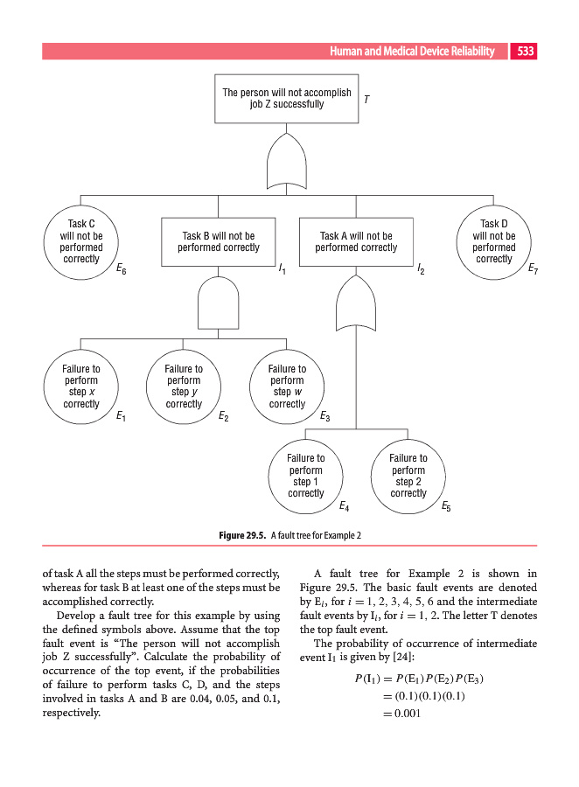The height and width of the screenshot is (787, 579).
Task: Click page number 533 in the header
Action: [526, 52]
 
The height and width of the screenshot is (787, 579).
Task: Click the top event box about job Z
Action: [286, 98]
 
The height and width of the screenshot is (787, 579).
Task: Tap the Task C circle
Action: [80, 241]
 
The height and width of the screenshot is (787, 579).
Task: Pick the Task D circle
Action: [494, 241]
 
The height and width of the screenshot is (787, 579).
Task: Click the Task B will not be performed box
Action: [218, 242]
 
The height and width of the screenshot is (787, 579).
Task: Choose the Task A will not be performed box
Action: [356, 242]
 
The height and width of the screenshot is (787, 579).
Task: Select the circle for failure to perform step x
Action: [80, 387]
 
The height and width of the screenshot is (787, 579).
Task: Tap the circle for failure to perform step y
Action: [184, 387]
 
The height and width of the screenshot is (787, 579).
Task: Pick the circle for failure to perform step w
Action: [287, 387]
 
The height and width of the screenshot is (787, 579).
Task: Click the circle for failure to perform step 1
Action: [305, 476]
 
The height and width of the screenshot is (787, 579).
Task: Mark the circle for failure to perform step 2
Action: [408, 476]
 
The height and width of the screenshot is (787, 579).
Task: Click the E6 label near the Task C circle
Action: [121, 271]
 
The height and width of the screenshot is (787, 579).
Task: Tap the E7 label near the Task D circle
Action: [533, 271]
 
